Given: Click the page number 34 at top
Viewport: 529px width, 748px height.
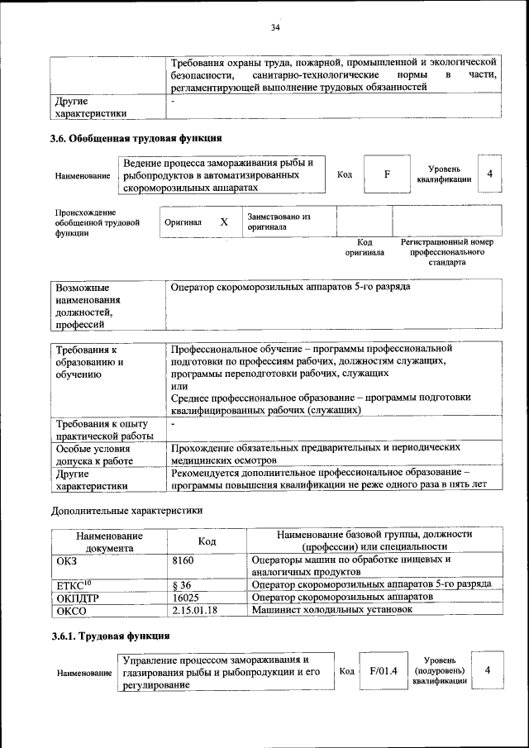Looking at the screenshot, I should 275,29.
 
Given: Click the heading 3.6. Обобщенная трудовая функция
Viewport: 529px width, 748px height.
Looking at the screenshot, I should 136,138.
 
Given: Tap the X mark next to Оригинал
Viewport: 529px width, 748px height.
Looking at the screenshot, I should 223,222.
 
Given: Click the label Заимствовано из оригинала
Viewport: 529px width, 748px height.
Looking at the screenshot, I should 278,222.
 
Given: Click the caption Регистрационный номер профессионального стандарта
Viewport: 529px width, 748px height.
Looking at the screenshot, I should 446,252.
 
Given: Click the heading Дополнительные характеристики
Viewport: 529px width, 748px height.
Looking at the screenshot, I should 126,511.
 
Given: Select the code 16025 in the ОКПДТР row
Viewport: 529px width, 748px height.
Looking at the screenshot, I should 186,597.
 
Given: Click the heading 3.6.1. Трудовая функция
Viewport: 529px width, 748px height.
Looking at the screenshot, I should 111,636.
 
